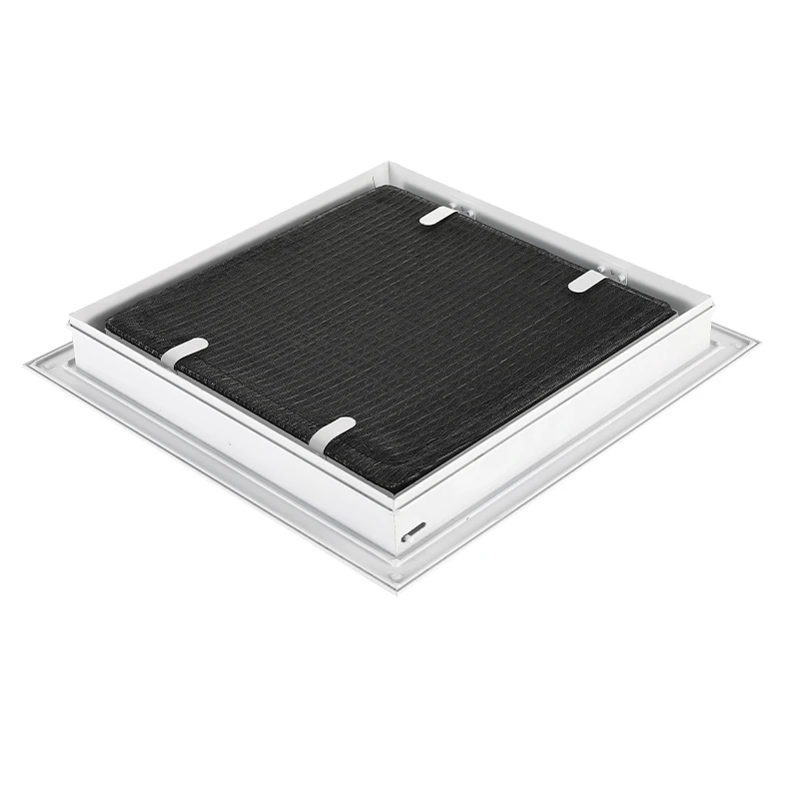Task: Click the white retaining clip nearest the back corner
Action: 437,216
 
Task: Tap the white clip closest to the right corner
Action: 586,283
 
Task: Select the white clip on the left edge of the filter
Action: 184,353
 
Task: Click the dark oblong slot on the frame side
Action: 414,527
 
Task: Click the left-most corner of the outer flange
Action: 26,367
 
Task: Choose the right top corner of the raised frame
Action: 712,299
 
